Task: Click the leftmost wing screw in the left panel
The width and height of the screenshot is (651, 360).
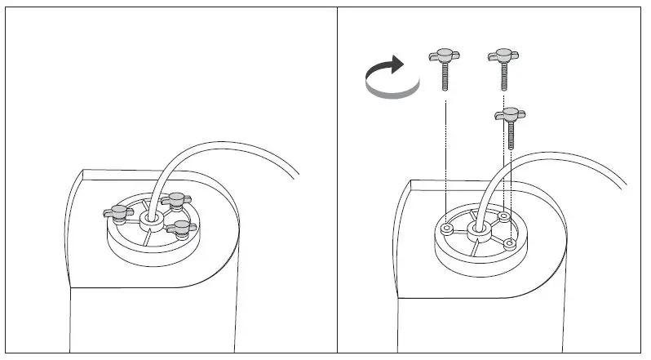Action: [117, 212]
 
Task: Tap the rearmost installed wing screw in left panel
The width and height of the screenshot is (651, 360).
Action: [174, 198]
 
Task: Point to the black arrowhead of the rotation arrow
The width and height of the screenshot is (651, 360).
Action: [396, 64]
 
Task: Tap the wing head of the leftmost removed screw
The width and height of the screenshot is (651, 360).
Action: [445, 57]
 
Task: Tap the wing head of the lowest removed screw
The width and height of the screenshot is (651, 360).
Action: [510, 114]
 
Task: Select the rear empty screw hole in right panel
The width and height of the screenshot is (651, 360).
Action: [504, 216]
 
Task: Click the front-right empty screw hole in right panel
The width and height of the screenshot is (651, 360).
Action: [509, 243]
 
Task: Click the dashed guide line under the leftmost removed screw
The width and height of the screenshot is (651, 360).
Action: [445, 155]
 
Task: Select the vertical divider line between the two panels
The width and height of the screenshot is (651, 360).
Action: [337, 180]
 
